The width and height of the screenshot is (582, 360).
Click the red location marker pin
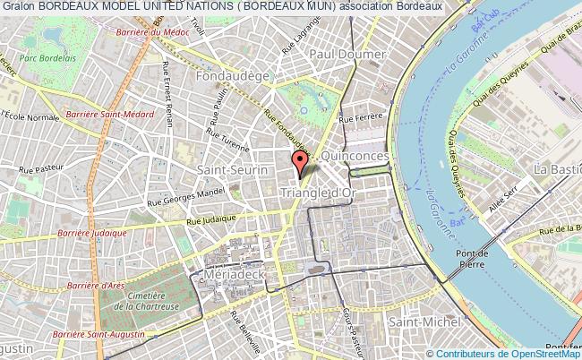(301, 162)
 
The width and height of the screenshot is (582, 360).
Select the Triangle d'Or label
(320, 193)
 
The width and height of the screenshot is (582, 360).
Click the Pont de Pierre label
(472, 260)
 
